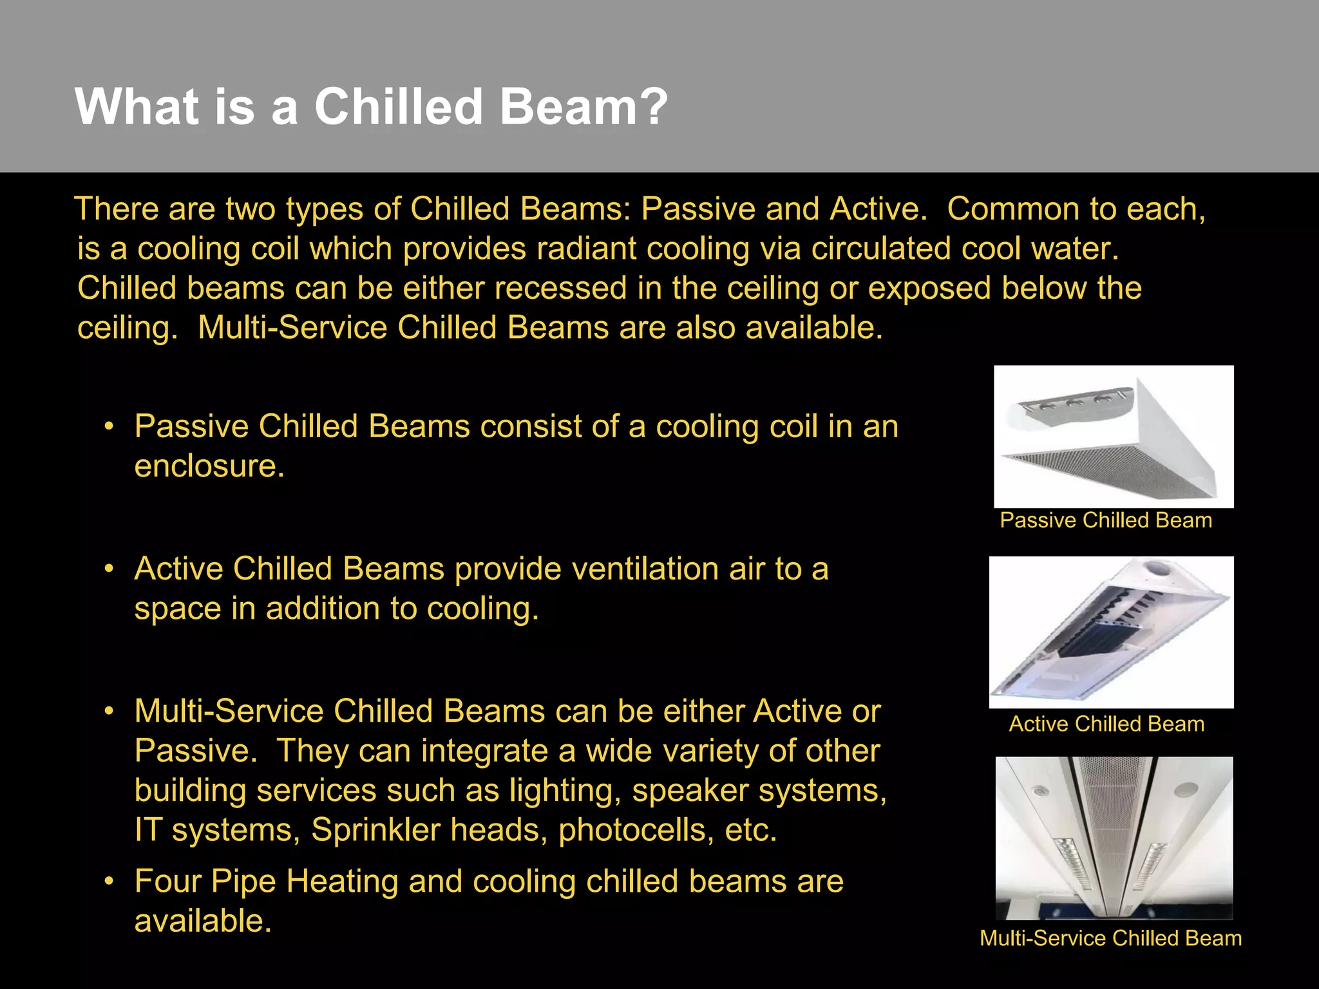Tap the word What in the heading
[x=137, y=106]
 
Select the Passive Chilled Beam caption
[x=1106, y=520]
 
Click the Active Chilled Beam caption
[x=1106, y=724]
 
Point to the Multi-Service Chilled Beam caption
[x=1110, y=938]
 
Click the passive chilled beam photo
[x=1114, y=437]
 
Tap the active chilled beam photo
[x=1111, y=632]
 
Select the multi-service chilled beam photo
[x=1114, y=838]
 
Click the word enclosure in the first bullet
[x=209, y=466]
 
